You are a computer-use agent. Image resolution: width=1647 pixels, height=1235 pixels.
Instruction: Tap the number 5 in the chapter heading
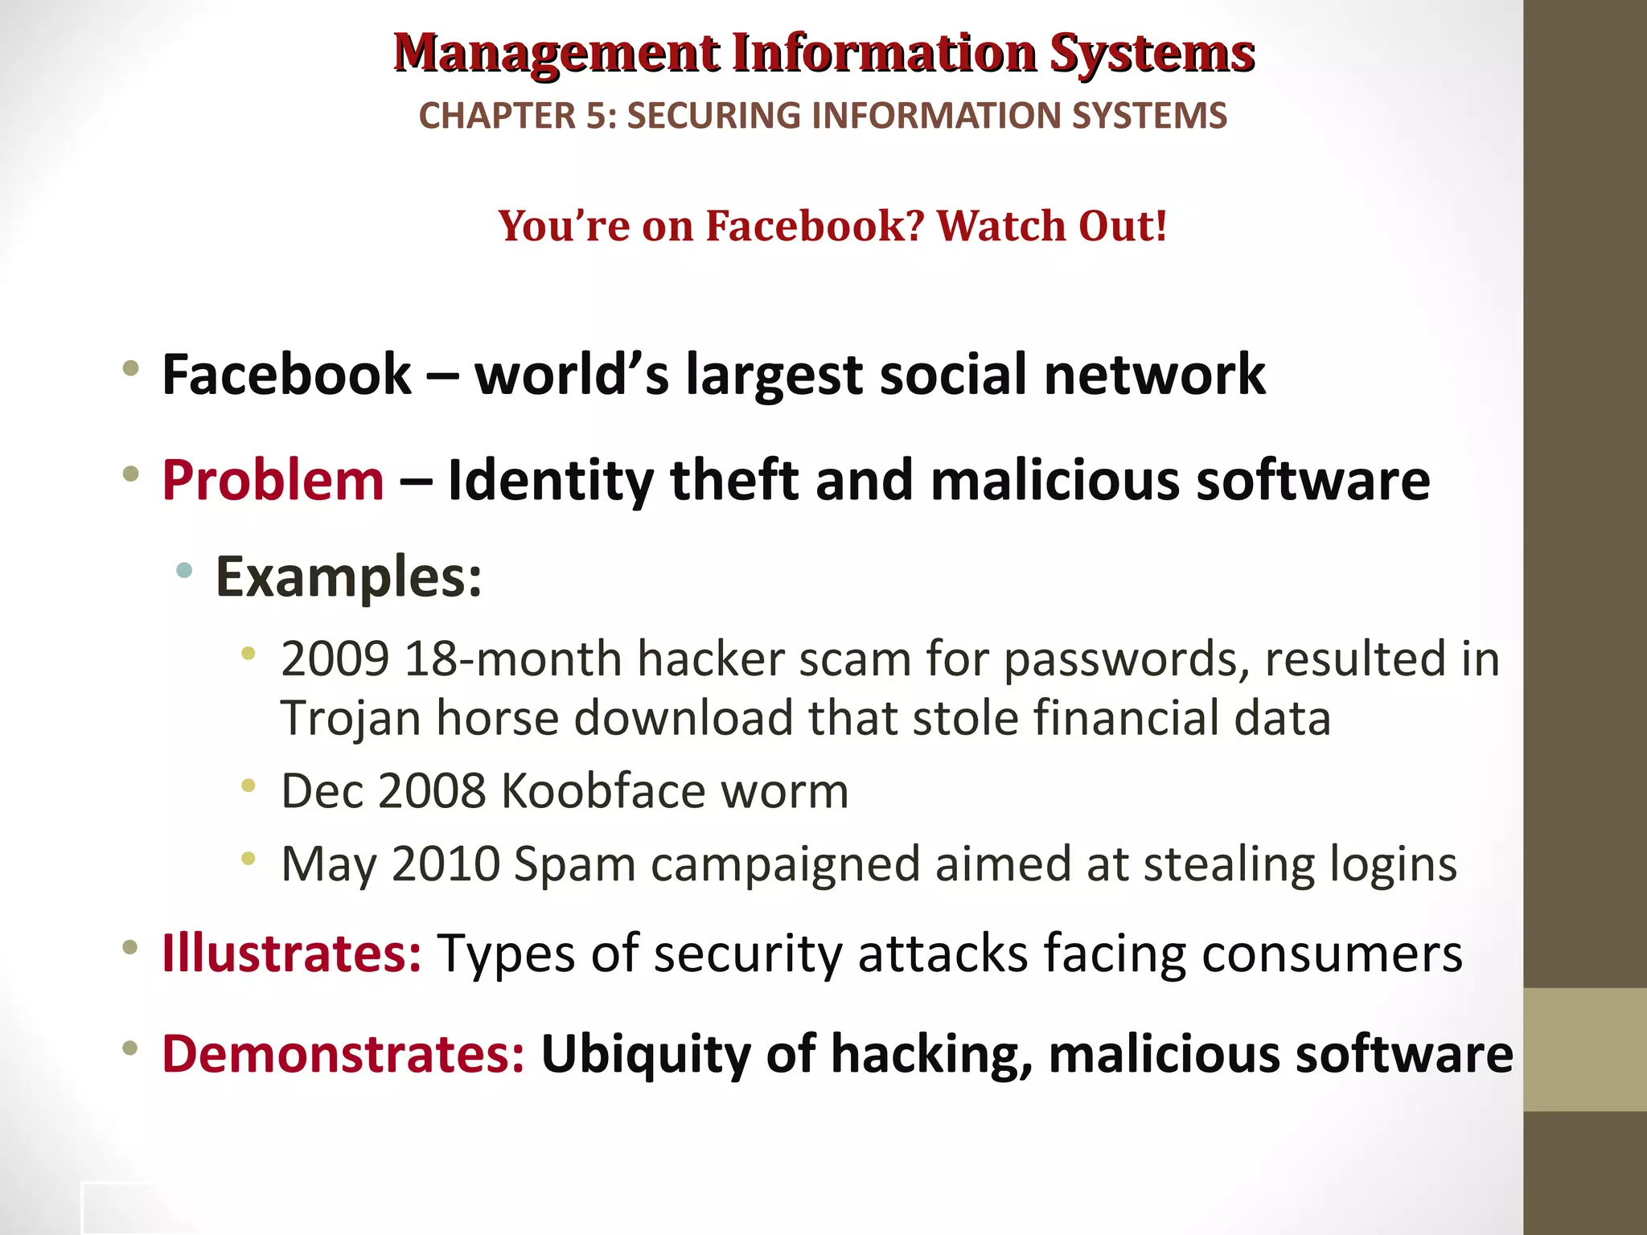click(596, 116)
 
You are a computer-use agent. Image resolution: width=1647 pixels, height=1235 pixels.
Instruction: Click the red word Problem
click(273, 481)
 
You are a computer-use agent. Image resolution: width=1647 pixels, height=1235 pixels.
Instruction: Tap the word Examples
click(348, 577)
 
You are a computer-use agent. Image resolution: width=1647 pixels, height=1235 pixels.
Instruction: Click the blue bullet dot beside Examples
click(184, 571)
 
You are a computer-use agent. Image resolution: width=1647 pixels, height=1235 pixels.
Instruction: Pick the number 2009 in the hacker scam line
click(335, 659)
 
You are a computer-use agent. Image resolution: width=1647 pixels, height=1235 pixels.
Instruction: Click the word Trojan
click(351, 718)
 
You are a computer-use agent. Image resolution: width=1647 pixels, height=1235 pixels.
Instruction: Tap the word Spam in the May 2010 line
click(574, 865)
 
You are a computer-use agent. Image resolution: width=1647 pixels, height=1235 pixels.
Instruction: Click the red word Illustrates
click(291, 954)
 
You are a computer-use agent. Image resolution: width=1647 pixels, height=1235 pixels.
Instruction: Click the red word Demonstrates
click(343, 1054)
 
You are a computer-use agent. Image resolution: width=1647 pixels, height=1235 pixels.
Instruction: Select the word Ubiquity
click(646, 1054)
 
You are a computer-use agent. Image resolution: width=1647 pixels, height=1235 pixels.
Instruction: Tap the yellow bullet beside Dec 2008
click(248, 785)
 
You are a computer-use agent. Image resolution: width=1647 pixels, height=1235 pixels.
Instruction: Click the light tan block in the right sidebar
click(1585, 1050)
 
